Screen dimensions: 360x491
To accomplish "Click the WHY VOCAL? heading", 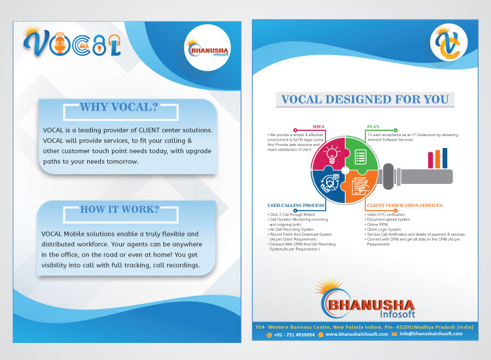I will pos(118,107).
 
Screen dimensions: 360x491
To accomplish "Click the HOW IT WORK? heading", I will pos(118,209).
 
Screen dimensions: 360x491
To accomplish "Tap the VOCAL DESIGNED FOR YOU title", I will pos(365,99).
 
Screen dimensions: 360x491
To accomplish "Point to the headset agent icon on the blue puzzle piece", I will pos(329,185).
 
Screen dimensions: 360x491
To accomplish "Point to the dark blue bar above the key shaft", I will pos(445,157).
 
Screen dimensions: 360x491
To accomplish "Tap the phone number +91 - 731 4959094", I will pos(294,334).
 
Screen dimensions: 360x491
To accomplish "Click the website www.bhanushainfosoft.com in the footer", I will pos(357,334).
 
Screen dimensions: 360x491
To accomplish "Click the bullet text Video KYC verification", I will pos(386,215).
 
